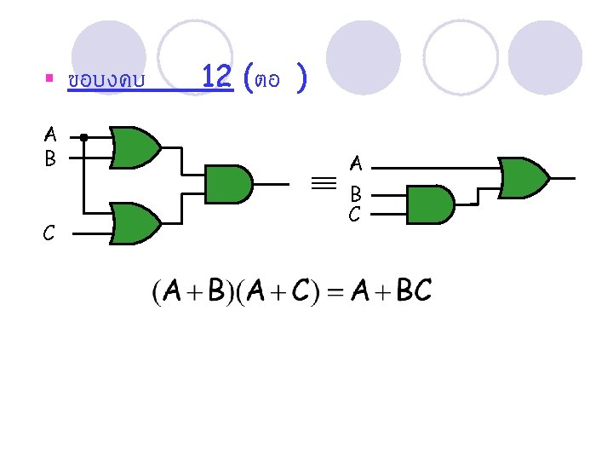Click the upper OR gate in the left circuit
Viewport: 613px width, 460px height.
click(136, 147)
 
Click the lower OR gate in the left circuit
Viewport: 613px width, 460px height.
click(136, 223)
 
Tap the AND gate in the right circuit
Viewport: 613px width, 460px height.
click(431, 205)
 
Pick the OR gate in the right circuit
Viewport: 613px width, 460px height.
click(524, 177)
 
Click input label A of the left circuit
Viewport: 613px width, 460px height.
click(50, 135)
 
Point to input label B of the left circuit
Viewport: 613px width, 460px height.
click(50, 158)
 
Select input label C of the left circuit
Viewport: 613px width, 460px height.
click(50, 232)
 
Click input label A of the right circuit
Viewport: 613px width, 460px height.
click(356, 162)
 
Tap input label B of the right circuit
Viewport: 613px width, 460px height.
click(356, 194)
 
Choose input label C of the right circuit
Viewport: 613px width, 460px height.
click(356, 215)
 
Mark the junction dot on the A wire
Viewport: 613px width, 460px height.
click(83, 136)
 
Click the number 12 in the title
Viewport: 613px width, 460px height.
click(218, 79)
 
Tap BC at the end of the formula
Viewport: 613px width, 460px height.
click(415, 292)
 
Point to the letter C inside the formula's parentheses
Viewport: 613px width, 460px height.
click(301, 292)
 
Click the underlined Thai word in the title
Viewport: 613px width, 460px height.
click(106, 82)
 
